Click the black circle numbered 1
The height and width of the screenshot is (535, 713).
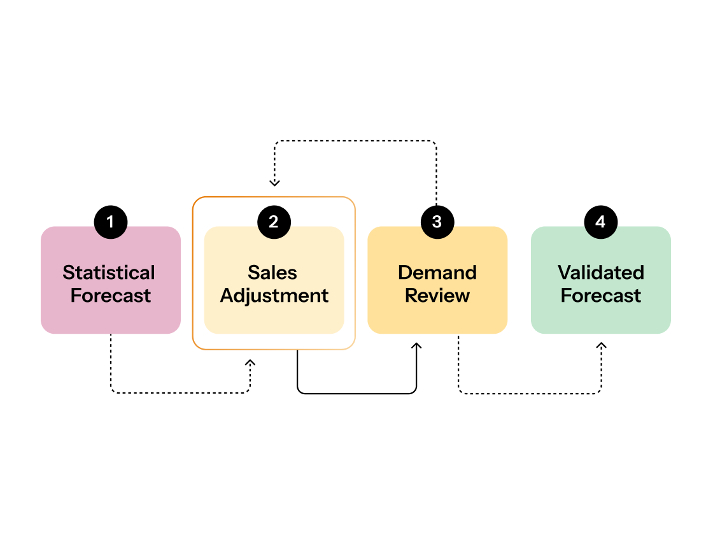111,222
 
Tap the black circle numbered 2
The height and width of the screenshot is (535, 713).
274,222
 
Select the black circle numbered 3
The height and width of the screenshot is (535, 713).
437,222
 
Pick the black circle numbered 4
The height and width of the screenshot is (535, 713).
600,222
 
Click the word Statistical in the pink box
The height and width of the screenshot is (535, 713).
109,273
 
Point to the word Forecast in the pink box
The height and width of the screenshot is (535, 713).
111,296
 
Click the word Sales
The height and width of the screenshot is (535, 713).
272,273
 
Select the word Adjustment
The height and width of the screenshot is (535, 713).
274,296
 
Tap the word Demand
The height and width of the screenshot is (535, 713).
437,273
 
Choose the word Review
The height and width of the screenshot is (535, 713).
437,296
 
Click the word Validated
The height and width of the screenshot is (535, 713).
601,273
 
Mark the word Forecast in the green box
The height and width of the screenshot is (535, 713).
601,296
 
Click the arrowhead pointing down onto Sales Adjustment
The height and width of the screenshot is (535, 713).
274,183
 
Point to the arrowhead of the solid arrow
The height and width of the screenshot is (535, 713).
416,346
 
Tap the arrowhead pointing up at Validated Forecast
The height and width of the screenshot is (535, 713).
601,346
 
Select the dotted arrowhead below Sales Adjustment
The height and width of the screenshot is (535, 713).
250,363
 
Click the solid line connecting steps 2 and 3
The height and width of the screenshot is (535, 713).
356,394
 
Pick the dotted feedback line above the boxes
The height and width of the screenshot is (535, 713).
355,141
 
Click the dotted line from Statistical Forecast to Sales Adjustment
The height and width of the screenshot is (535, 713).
178,393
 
